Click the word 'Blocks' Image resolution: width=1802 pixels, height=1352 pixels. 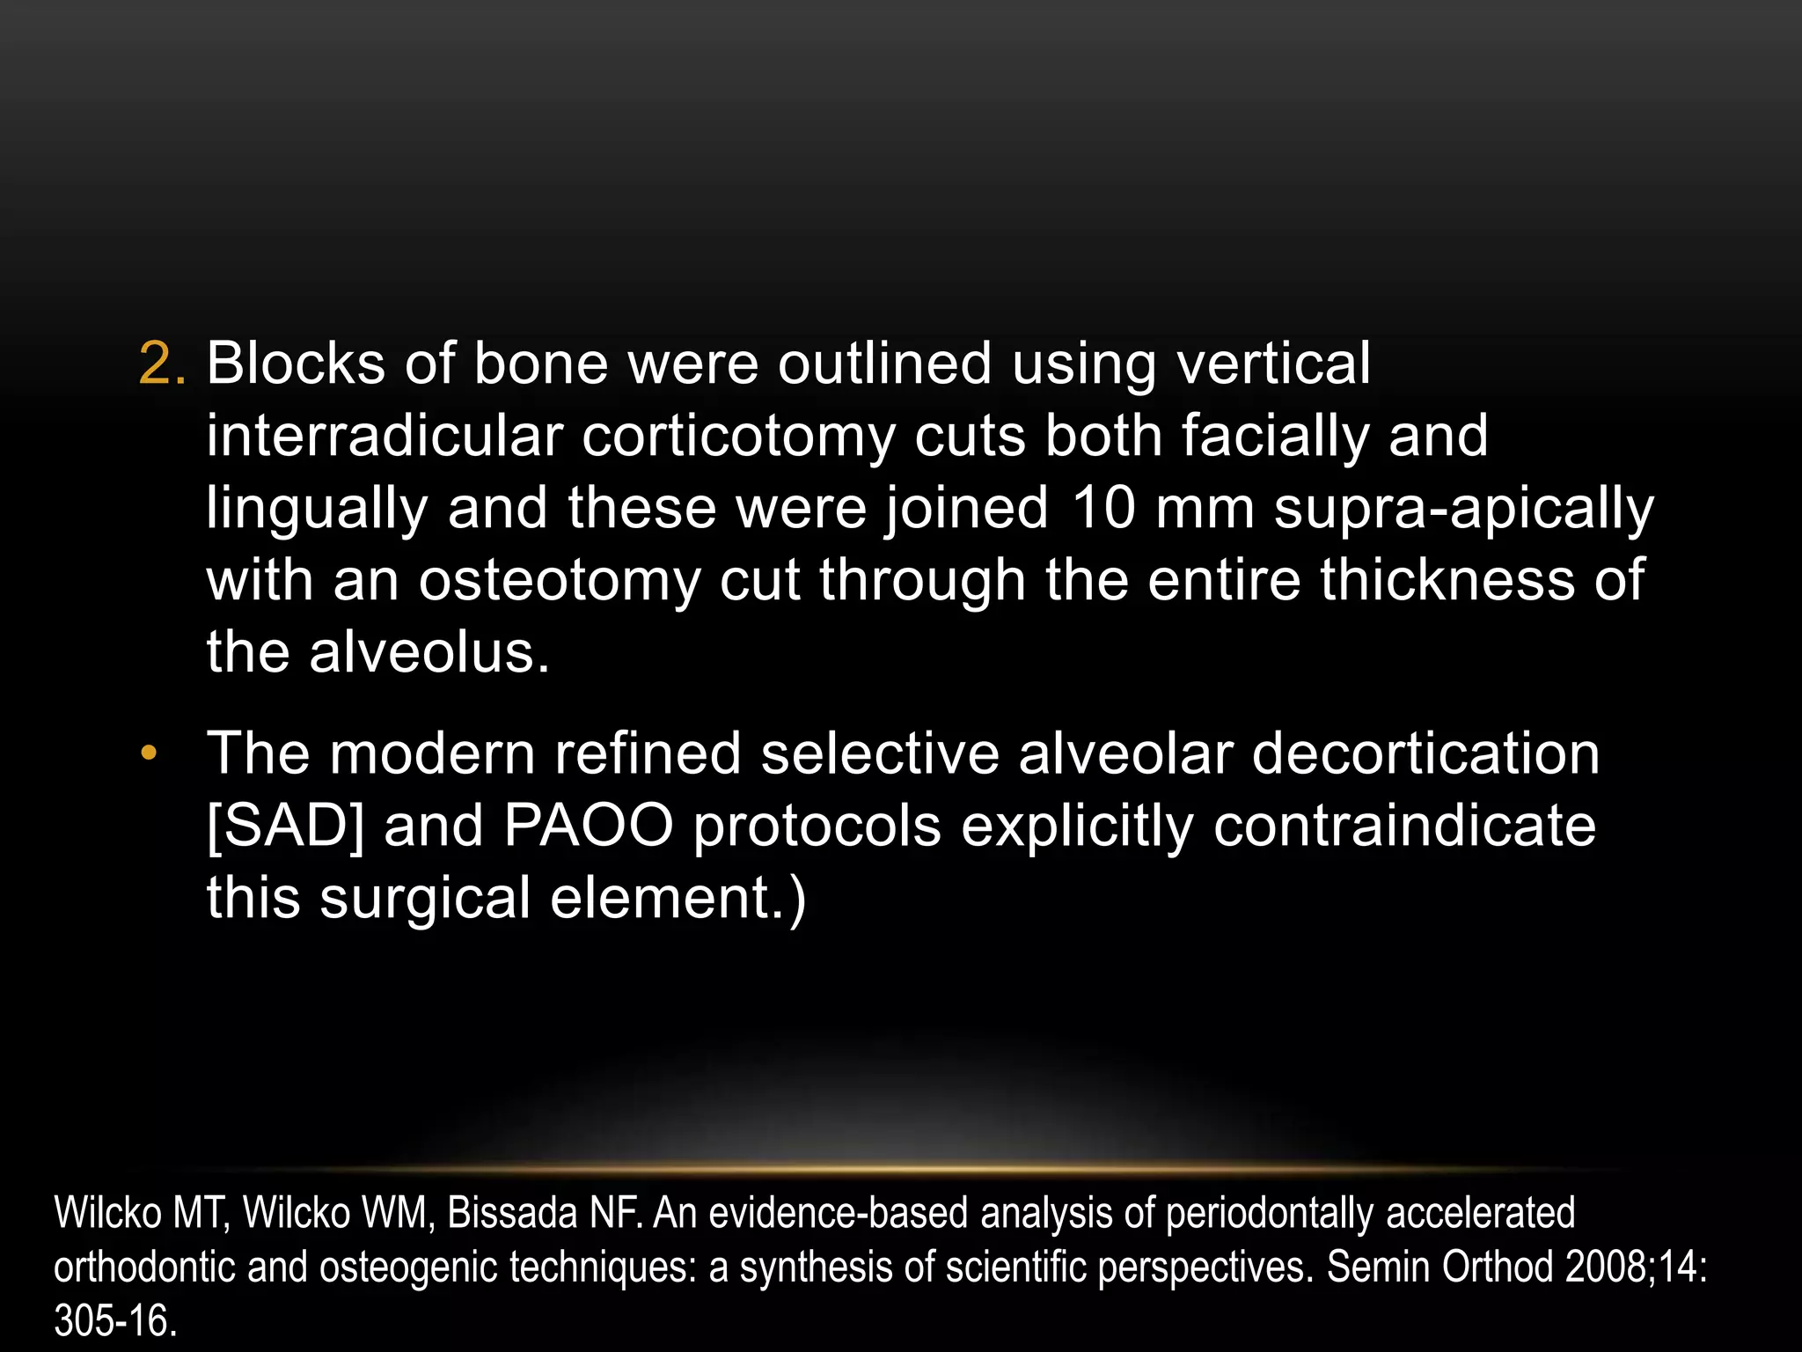tap(296, 364)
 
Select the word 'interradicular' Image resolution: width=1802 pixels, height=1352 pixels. tap(385, 436)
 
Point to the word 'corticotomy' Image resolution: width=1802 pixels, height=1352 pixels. tap(738, 436)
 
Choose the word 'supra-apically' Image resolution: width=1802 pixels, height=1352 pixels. tap(1463, 509)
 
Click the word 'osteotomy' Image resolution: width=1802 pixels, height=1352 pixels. tap(559, 581)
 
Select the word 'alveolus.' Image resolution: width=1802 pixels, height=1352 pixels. tap(429, 653)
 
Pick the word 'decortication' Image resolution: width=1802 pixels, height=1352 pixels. tap(1425, 754)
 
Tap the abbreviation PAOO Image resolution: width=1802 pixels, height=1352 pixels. tap(589, 827)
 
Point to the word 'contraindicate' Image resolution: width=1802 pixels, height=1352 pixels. tap(1404, 827)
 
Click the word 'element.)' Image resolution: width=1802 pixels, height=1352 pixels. tap(678, 899)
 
